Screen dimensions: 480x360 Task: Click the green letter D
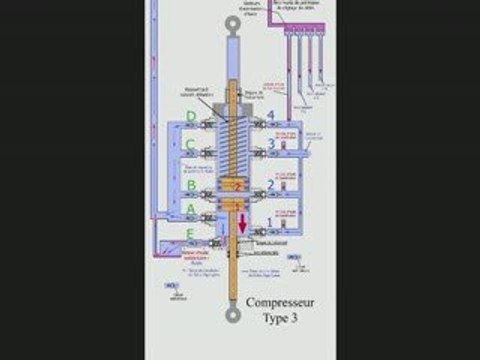click(192, 118)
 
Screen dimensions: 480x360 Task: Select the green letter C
click(192, 146)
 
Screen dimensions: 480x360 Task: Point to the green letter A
click(192, 210)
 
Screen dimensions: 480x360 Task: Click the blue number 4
click(269, 118)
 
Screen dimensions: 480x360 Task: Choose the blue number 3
click(269, 146)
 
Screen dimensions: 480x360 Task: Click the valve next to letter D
click(211, 125)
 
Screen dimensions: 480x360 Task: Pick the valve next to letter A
click(211, 217)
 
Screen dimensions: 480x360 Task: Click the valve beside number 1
click(262, 232)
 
